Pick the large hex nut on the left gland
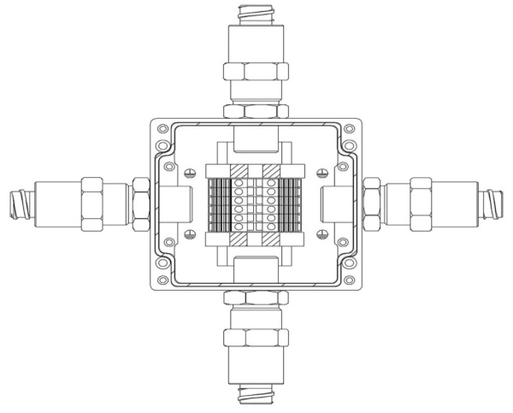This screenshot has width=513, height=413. coord(92,205)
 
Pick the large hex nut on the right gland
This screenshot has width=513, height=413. coord(420,205)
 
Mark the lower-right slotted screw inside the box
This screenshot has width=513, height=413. coord(321,234)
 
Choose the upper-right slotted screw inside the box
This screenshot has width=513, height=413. coord(321,174)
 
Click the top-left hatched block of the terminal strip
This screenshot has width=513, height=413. coord(242,169)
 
